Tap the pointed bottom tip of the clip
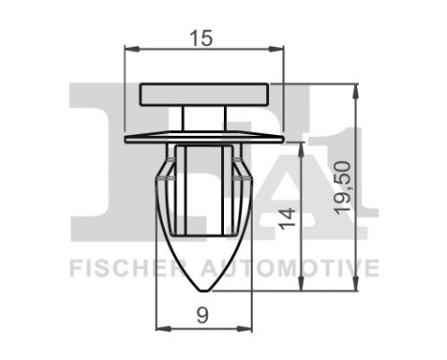coord(205,291)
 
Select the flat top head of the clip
coord(205,94)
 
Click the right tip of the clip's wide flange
coord(282,139)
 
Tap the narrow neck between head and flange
coord(205,118)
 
